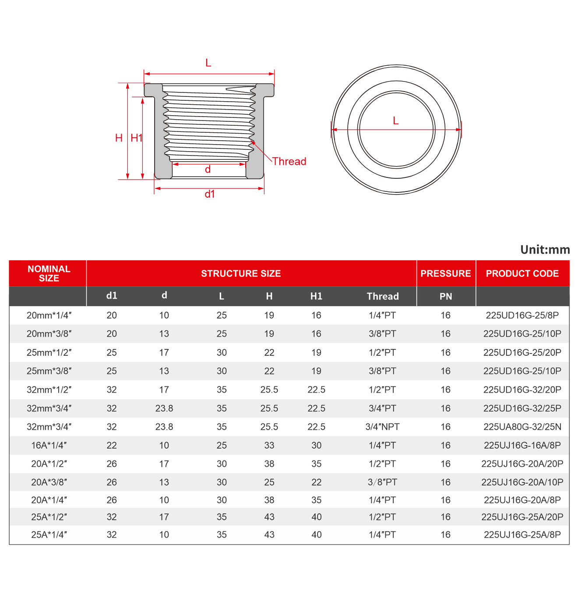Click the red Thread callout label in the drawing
(x=289, y=161)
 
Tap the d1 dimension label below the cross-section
(x=210, y=194)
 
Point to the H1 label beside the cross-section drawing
(x=137, y=138)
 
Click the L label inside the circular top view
(x=396, y=121)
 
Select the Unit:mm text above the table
(x=545, y=250)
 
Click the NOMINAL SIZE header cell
(x=49, y=273)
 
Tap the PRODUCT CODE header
(x=522, y=273)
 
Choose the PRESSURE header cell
(x=445, y=273)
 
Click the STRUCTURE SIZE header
(x=241, y=273)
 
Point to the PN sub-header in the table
(x=445, y=297)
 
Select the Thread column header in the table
(x=383, y=297)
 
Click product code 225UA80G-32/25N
(x=522, y=427)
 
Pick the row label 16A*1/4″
(x=49, y=446)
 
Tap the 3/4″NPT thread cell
(x=382, y=427)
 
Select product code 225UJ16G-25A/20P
(x=522, y=517)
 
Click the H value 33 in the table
(x=269, y=446)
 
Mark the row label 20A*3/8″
(x=49, y=482)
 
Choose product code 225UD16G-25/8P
(x=522, y=315)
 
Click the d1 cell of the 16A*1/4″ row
(x=112, y=446)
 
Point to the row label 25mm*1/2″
(x=49, y=353)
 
